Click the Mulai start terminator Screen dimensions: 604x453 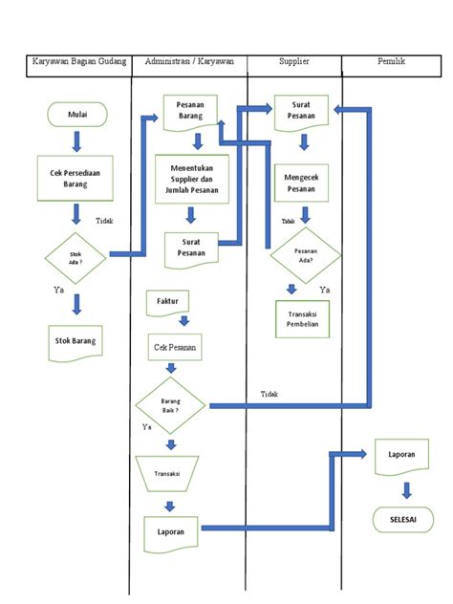(x=76, y=116)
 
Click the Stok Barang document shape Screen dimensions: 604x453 (x=76, y=340)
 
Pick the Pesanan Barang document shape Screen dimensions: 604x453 (x=191, y=111)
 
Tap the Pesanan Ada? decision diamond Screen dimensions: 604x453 (x=305, y=254)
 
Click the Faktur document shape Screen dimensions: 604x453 (x=168, y=303)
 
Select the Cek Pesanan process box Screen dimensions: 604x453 (x=174, y=348)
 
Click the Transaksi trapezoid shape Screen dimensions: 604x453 (x=168, y=471)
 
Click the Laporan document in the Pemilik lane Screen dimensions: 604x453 (x=402, y=456)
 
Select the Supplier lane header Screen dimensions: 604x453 (x=293, y=62)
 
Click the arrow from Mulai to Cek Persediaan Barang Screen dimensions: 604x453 (x=76, y=142)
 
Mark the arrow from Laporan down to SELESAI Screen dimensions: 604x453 (x=407, y=489)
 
